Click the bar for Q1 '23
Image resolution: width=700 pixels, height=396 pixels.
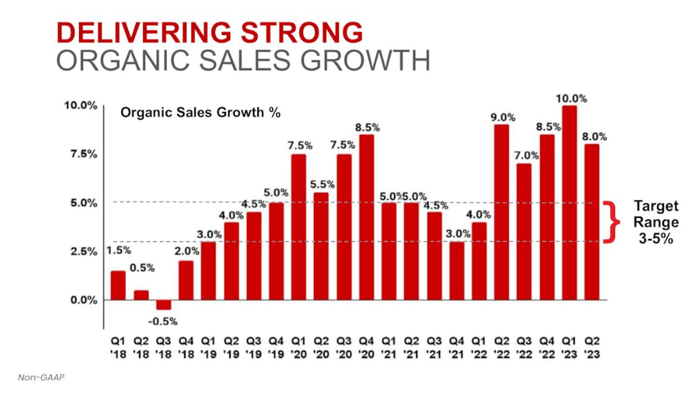569,202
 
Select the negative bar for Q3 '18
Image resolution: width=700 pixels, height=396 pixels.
163,305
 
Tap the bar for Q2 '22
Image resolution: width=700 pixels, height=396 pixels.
501,212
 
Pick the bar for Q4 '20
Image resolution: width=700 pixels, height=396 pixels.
366,217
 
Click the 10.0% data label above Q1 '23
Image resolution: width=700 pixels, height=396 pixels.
571,98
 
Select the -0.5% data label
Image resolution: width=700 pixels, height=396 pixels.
163,321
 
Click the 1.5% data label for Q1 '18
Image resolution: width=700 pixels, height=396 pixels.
119,251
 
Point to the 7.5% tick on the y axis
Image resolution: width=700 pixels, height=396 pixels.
80,154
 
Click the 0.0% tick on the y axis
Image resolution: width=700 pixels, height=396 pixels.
80,300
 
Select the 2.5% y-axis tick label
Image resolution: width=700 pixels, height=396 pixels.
80,252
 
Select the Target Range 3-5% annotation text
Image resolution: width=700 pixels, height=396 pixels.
655,221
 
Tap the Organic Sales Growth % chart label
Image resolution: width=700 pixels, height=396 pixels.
200,113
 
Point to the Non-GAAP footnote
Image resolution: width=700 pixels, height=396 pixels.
37,378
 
